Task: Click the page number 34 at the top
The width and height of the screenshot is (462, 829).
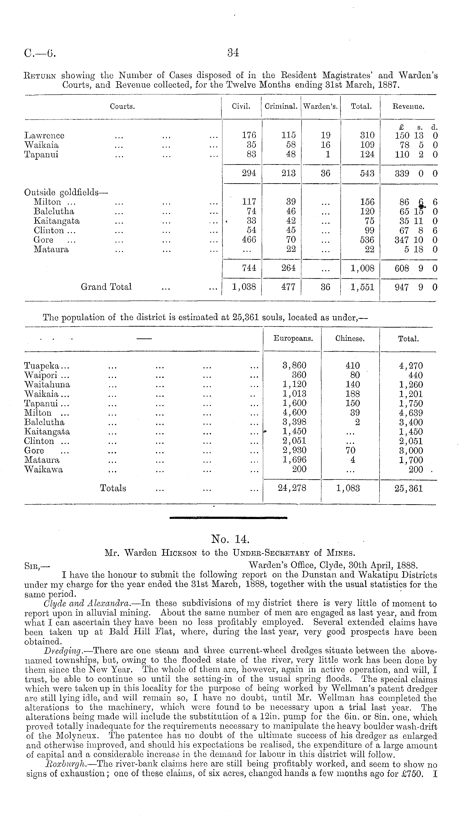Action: [233, 53]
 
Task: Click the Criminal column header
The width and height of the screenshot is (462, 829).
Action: [281, 106]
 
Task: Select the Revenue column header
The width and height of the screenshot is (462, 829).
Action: [408, 106]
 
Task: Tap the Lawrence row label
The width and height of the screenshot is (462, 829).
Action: [44, 135]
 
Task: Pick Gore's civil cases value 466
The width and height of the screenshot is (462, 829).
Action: [249, 240]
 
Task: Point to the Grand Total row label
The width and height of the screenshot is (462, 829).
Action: [106, 287]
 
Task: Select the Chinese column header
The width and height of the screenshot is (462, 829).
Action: [350, 339]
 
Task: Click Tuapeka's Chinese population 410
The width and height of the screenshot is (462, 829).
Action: [352, 366]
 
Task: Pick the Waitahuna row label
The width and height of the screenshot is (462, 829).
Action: [47, 385]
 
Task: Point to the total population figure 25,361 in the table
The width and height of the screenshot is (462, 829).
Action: [408, 488]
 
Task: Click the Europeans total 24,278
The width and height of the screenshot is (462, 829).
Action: [292, 488]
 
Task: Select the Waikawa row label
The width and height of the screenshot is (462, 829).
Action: [43, 470]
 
